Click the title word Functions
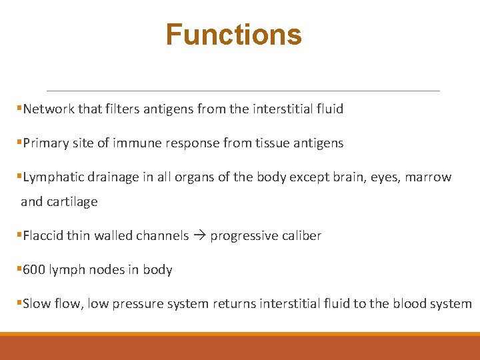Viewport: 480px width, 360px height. [x=233, y=35]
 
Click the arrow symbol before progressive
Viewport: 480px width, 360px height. [x=199, y=236]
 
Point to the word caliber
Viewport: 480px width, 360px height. [x=301, y=235]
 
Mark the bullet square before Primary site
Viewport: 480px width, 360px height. [x=19, y=143]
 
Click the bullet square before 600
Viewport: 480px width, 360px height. [x=19, y=269]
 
